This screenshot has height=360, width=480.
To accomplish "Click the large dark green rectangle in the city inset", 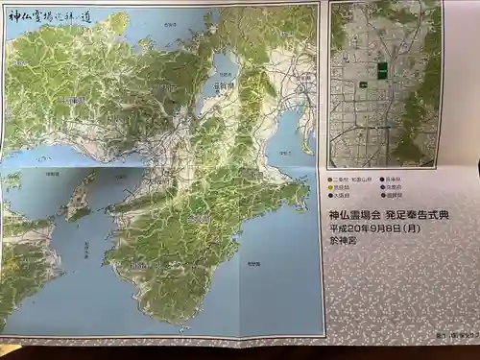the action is point(382,70).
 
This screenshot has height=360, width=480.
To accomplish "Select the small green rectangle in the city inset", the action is point(365,84).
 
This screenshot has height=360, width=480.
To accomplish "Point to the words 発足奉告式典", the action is point(408,216).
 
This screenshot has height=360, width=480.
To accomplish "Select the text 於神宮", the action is point(343,243).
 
